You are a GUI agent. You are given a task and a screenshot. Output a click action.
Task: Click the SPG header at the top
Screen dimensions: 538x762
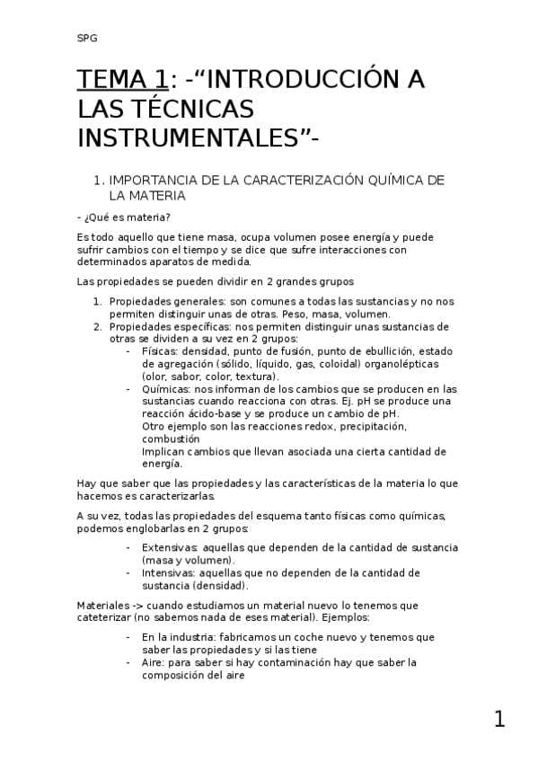(87, 38)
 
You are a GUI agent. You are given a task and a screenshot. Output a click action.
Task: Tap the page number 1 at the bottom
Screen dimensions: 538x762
(499, 719)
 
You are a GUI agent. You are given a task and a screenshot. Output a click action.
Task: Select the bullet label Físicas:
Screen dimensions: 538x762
(160, 351)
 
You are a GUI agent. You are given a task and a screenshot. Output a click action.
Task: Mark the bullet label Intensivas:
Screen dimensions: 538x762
(169, 572)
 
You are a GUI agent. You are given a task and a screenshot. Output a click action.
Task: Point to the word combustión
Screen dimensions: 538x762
(172, 439)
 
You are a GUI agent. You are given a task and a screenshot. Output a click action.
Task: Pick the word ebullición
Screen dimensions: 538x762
(377, 351)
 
